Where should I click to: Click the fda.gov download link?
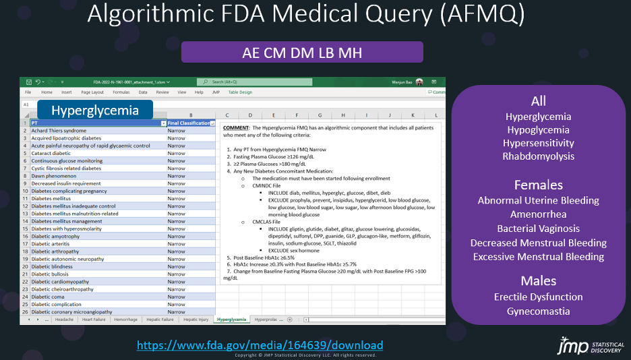260,345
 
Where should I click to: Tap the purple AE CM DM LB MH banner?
302,52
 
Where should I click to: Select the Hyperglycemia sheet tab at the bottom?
231,319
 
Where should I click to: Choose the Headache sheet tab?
65,319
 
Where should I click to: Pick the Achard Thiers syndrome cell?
59,130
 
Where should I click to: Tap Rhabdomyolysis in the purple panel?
538,156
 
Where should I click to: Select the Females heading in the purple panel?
538,185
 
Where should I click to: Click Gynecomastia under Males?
538,311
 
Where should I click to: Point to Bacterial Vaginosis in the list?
538,229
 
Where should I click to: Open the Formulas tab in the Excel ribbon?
121,92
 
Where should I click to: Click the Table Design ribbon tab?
240,92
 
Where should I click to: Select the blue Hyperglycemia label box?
95,111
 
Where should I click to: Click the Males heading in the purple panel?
538,281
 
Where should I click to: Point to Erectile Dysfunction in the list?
538,297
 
